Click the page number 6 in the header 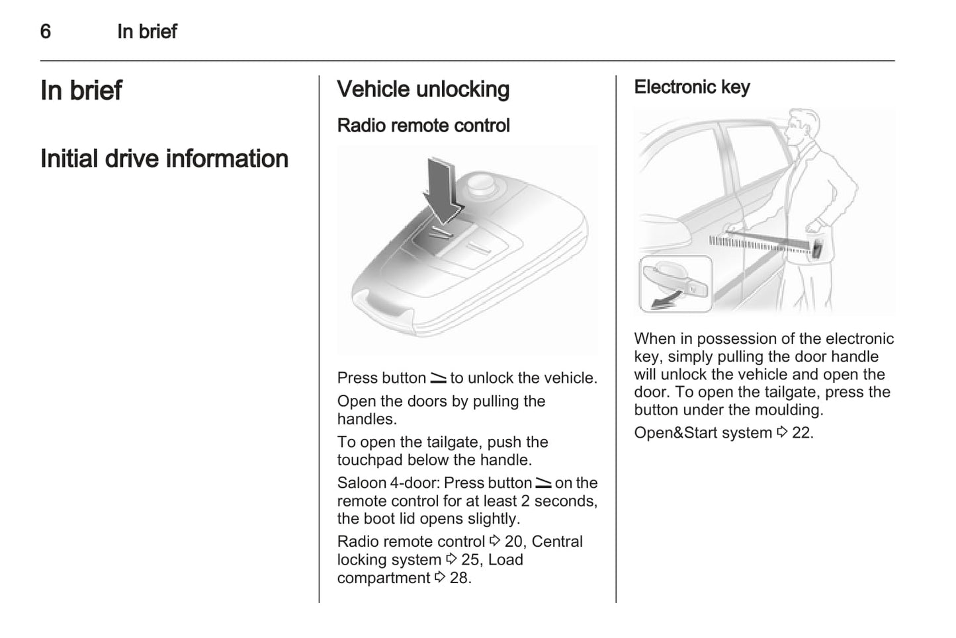46,31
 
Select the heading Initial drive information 164,159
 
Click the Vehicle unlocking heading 423,89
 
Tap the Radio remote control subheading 423,126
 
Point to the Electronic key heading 691,87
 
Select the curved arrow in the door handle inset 664,303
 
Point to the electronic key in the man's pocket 818,249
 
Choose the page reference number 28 459,578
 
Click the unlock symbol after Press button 438,379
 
